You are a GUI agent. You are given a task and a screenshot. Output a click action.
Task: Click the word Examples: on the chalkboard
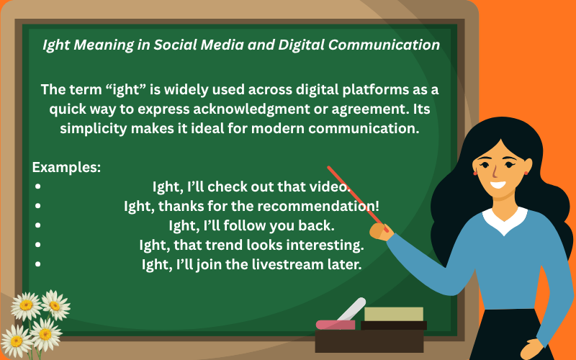pos(66,167)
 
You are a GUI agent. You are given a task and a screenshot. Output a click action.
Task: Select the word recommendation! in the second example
pos(336,206)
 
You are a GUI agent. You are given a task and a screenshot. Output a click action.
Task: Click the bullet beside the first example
pos(37,187)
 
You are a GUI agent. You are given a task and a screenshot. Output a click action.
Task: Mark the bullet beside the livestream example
pos(37,264)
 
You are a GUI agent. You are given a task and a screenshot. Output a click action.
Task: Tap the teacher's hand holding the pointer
pos(379,231)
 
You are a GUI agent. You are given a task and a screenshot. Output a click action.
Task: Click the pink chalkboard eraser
pos(335,324)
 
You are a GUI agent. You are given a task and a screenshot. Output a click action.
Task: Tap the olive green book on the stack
pos(393,314)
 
